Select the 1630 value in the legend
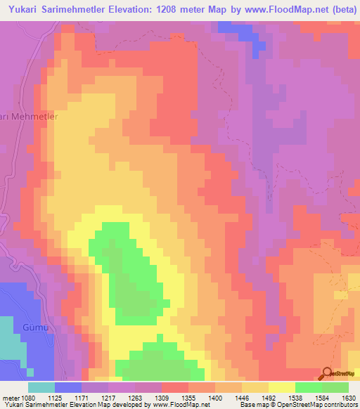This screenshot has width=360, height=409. coord(348,397)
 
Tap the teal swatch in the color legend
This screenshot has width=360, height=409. coord(41,387)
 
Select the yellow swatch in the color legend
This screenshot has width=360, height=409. coord(282,387)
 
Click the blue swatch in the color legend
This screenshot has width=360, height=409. coord(68,387)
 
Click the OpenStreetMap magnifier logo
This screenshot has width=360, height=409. coord(326,373)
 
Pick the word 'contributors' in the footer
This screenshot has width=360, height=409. coord(341,405)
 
